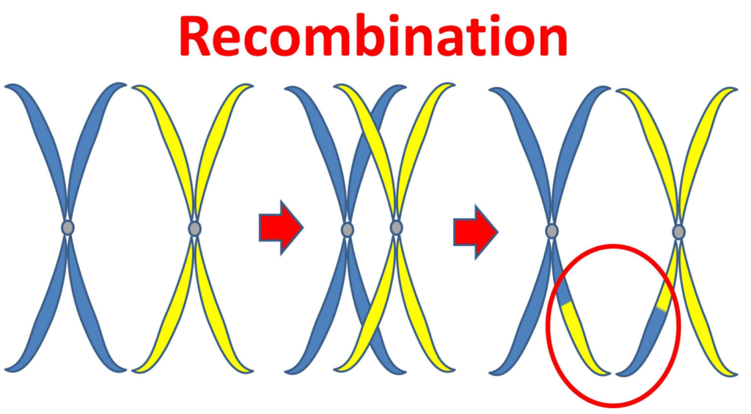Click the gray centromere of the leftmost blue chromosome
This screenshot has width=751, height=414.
pyautogui.click(x=67, y=228)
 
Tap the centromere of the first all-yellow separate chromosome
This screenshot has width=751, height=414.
pyautogui.click(x=194, y=229)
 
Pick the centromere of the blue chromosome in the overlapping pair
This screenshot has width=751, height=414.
pyautogui.click(x=348, y=229)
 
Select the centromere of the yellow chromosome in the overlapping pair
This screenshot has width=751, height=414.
pyautogui.click(x=396, y=229)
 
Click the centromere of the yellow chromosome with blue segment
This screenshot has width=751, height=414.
pyautogui.click(x=679, y=232)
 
